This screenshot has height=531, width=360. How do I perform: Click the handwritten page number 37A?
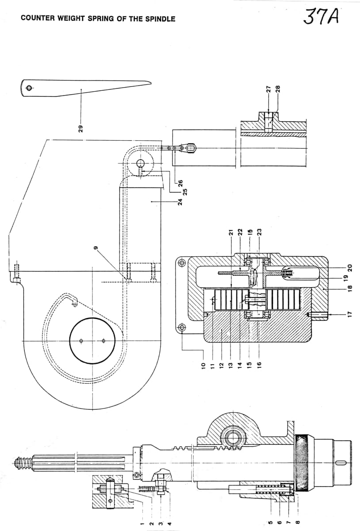pos(321,16)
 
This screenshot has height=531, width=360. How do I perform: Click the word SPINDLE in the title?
pos(160,19)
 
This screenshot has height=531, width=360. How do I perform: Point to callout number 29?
pos(81,129)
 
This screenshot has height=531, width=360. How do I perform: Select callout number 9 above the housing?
pos(96,248)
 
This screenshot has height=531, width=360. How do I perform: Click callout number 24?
pos(180,202)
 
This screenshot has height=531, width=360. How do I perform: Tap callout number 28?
pos(278,89)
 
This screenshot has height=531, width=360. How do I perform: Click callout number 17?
pos(350,314)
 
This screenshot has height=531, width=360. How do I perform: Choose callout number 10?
pos(203,366)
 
